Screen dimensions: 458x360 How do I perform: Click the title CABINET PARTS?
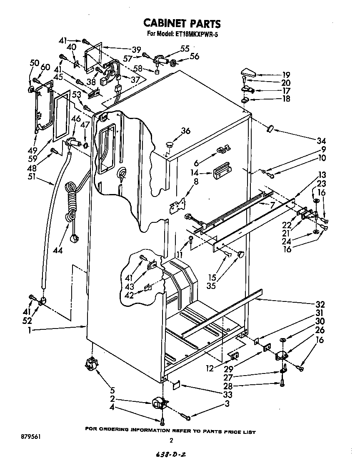(182, 22)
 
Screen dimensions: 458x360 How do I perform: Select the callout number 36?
(185, 131)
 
